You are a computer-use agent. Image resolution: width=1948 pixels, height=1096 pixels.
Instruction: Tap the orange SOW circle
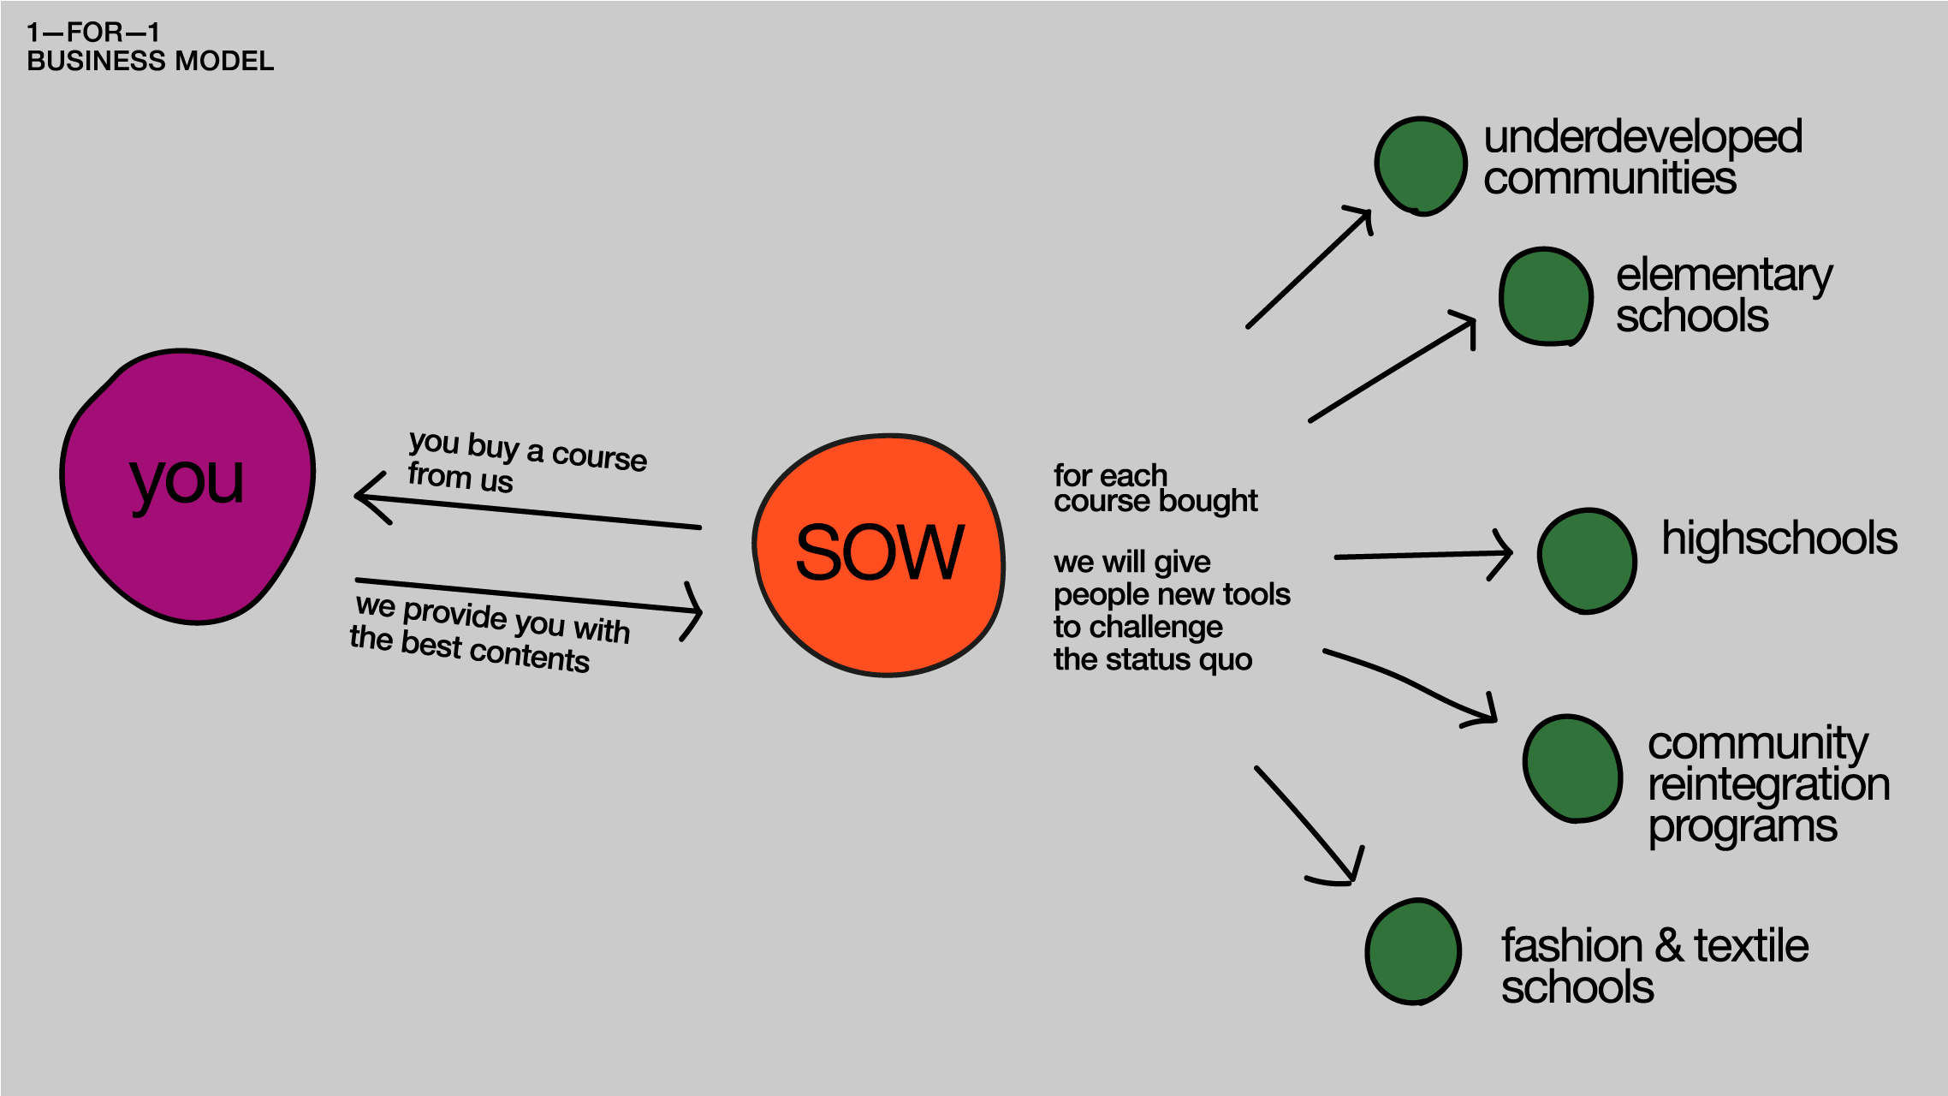point(879,555)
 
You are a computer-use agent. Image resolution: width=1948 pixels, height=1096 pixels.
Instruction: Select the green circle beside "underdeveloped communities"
point(1421,165)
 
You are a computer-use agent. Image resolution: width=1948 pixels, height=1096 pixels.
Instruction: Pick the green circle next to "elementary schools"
point(1546,296)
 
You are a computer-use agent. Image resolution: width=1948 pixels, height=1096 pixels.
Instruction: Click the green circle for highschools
point(1587,560)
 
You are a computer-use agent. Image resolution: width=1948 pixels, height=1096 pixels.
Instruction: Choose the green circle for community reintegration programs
point(1572,768)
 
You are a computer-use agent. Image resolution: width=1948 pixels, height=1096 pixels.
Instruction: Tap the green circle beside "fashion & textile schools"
point(1413,950)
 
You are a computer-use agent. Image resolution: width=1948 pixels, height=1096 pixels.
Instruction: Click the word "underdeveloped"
point(1642,137)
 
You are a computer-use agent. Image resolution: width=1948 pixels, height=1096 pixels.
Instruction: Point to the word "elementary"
point(1724,276)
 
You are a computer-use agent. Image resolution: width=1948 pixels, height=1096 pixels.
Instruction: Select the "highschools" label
point(1779,539)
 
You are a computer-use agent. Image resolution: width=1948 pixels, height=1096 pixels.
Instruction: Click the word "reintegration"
point(1768,784)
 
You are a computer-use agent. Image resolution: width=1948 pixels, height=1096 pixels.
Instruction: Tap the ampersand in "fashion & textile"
point(1668,946)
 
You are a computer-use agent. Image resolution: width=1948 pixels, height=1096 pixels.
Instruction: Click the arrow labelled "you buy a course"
point(528,511)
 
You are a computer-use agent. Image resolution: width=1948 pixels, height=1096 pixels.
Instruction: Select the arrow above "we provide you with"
point(528,597)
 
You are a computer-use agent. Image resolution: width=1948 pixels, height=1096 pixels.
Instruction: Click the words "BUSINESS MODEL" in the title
point(151,62)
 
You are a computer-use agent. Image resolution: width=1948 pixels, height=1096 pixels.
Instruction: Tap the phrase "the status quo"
point(1152,659)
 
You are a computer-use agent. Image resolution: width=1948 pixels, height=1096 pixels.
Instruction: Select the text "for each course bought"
point(1155,488)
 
